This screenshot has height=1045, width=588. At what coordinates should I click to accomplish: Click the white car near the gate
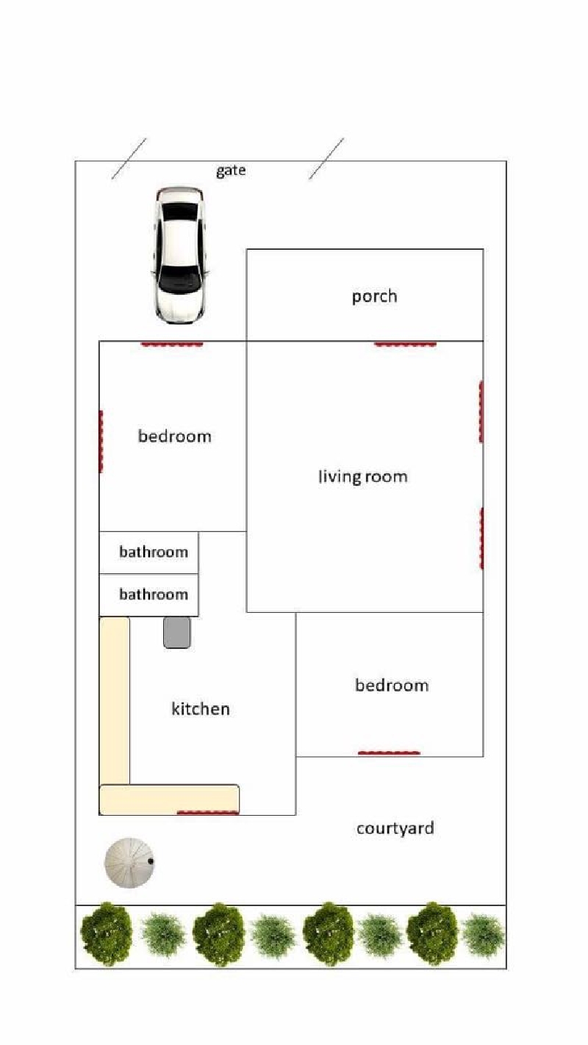click(179, 256)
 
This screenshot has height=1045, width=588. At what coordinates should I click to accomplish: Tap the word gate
click(231, 170)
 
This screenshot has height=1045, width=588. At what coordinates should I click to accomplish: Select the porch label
click(374, 297)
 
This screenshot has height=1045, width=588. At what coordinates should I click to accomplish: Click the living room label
click(362, 476)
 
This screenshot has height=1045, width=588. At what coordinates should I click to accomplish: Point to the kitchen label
click(201, 708)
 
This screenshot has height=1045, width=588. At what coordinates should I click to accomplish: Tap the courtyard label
click(395, 828)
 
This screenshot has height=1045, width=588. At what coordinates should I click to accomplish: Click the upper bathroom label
click(154, 552)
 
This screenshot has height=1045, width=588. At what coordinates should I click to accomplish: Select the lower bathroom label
click(154, 594)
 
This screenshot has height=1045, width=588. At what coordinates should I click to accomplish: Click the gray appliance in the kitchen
click(177, 633)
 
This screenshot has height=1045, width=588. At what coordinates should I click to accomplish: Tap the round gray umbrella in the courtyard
click(129, 863)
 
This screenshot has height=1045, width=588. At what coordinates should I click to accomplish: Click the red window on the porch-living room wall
click(405, 344)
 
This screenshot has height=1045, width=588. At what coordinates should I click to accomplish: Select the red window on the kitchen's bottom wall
click(208, 812)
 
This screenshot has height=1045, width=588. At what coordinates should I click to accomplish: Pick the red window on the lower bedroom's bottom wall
click(389, 753)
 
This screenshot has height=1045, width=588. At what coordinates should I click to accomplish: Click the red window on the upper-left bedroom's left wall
click(101, 442)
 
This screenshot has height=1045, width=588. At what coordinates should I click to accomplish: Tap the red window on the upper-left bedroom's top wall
click(172, 344)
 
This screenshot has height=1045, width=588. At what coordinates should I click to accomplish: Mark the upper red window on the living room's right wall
click(481, 412)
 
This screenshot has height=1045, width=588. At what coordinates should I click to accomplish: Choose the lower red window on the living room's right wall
click(481, 539)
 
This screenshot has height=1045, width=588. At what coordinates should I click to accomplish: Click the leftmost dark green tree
click(107, 933)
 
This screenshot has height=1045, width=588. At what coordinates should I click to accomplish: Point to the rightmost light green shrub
click(483, 936)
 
